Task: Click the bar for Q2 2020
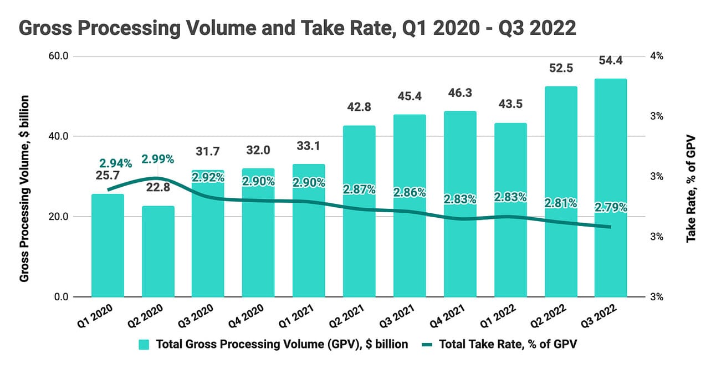click(158, 252)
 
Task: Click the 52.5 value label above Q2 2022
click(560, 68)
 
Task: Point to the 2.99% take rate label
click(157, 159)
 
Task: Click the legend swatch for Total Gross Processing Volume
click(144, 344)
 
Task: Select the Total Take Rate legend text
click(509, 344)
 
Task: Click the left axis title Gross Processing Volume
click(24, 188)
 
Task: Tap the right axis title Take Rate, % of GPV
click(691, 188)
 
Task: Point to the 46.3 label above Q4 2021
click(459, 93)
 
